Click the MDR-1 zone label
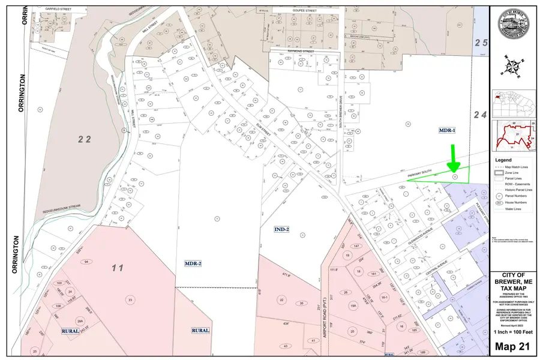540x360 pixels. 448,130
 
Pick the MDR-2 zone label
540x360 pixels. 193,263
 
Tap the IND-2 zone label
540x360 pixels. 282,229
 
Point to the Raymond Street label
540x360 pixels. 301,52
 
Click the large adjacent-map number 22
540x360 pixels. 84,139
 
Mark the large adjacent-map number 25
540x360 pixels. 481,42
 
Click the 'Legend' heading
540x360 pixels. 503,160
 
